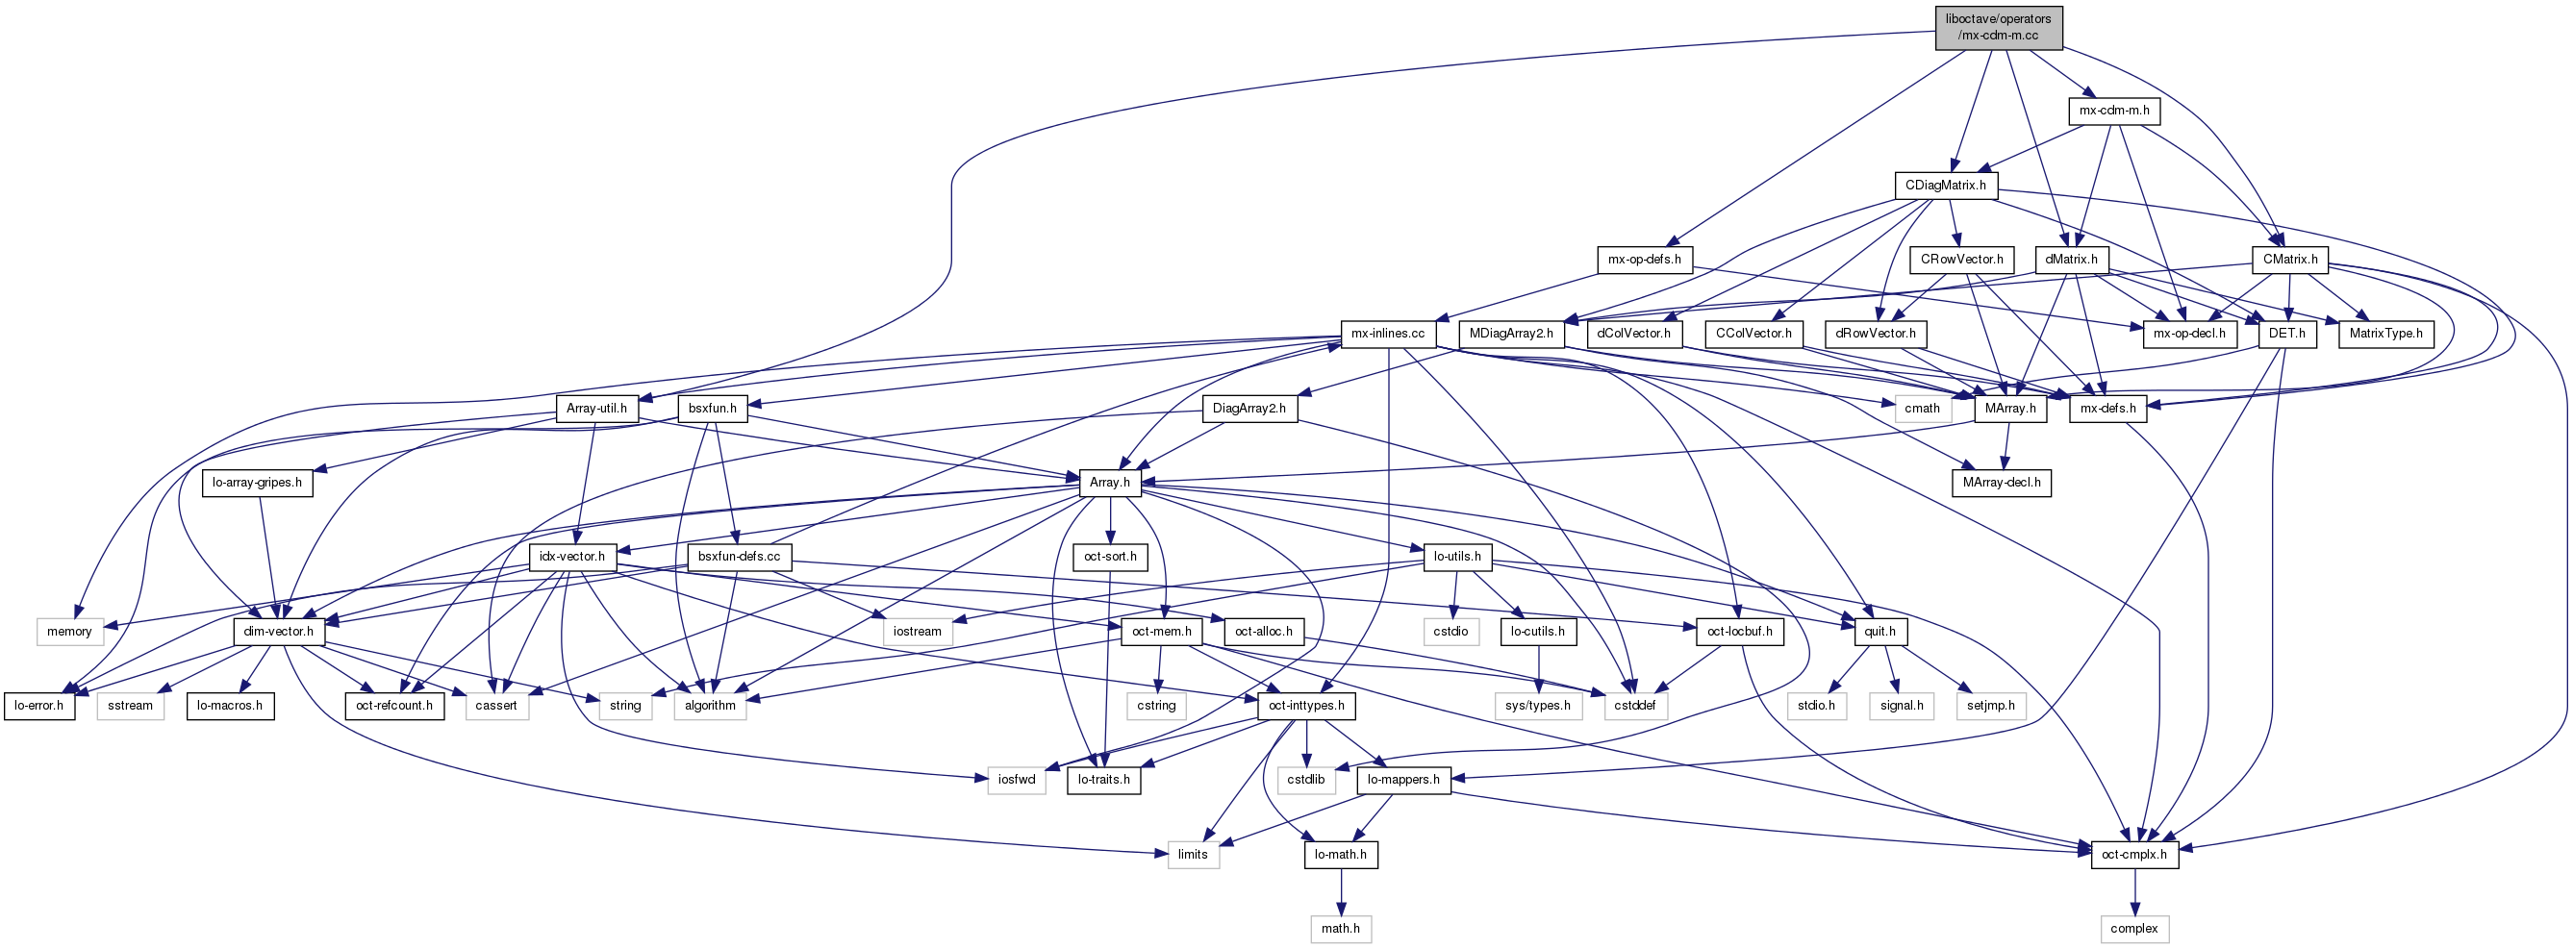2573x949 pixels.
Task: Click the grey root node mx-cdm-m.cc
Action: [x=1998, y=27]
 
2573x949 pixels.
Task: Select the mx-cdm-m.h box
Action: [x=2113, y=111]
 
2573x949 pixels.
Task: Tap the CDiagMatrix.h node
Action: [x=1945, y=186]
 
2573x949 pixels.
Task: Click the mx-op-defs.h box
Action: [x=1643, y=260]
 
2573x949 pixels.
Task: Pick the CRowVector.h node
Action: [x=1961, y=260]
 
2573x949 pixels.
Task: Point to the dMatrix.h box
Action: [x=2071, y=260]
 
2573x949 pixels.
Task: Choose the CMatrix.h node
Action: [x=2290, y=260]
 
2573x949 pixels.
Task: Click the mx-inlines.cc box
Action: [x=1387, y=334]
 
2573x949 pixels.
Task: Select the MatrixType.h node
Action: [x=2385, y=334]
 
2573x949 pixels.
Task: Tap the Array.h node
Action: [x=1110, y=483]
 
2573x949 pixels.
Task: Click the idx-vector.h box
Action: [x=571, y=557]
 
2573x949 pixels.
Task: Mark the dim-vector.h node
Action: [x=278, y=632]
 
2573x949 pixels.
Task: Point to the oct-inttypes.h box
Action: [x=1305, y=705]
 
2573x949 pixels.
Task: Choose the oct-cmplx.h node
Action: [x=2133, y=855]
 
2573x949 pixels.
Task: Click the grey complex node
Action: [x=2133, y=929]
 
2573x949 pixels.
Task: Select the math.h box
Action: [x=1340, y=929]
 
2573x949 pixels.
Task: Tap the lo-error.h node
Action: [x=38, y=705]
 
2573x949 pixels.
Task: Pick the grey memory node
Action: [x=69, y=632]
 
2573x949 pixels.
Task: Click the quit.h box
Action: [x=1879, y=632]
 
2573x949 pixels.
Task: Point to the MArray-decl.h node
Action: [x=2001, y=483]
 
